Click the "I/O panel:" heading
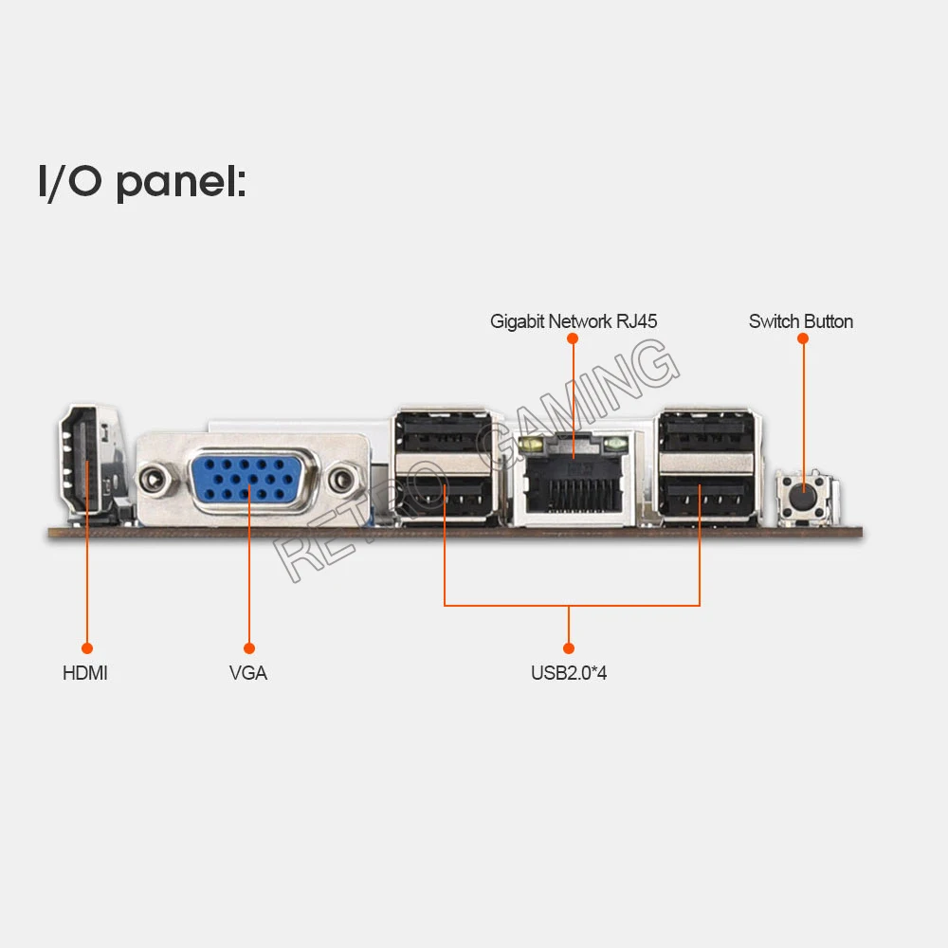coord(142,181)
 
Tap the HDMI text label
coord(85,673)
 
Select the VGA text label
coord(248,673)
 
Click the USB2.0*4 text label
coord(569,674)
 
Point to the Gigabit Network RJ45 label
coord(574,321)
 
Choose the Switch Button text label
coord(801,321)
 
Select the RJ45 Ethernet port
coord(573,479)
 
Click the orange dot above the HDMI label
coord(86,648)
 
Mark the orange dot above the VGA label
coord(249,648)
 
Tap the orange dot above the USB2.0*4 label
coord(569,648)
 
